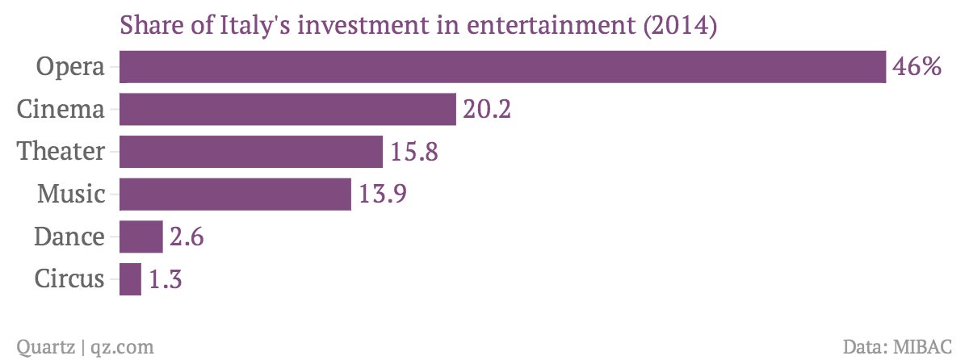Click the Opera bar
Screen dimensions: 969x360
click(502, 66)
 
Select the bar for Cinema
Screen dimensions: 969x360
click(287, 109)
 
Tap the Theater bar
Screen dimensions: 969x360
click(251, 151)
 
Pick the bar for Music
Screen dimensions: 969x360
click(235, 194)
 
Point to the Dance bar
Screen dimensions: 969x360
click(141, 237)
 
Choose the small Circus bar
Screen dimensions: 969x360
click(130, 279)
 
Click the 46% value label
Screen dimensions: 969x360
click(917, 67)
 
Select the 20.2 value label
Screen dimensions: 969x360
click(487, 109)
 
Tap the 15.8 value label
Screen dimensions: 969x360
click(414, 152)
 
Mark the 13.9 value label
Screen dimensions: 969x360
click(383, 194)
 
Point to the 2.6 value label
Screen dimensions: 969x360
click(187, 237)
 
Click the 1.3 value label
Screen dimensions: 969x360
click(166, 278)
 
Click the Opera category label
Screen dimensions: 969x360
click(70, 67)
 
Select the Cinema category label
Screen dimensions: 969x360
click(61, 109)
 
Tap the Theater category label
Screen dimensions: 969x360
click(61, 151)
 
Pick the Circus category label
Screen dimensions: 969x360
click(69, 278)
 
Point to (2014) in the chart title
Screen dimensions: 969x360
click(680, 25)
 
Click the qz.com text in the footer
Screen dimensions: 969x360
click(123, 347)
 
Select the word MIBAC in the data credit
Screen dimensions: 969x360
click(923, 346)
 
